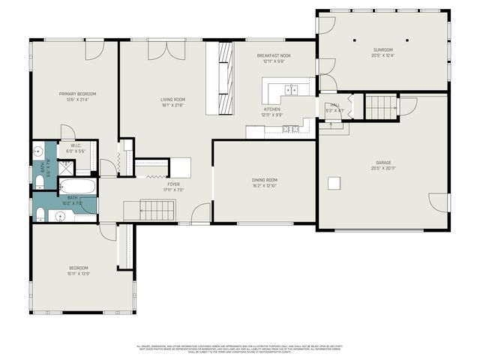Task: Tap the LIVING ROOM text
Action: [x=172, y=99]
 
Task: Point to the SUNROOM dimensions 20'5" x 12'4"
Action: [x=382, y=55]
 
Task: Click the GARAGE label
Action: [x=383, y=163]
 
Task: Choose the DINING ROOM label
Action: [x=264, y=179]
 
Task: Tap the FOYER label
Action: [x=173, y=184]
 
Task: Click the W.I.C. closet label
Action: [x=76, y=145]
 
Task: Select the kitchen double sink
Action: [x=290, y=91]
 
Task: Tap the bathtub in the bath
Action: [x=77, y=186]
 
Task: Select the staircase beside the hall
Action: [x=379, y=107]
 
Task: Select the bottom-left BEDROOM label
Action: [x=79, y=268]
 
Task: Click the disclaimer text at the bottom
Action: [x=240, y=348]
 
